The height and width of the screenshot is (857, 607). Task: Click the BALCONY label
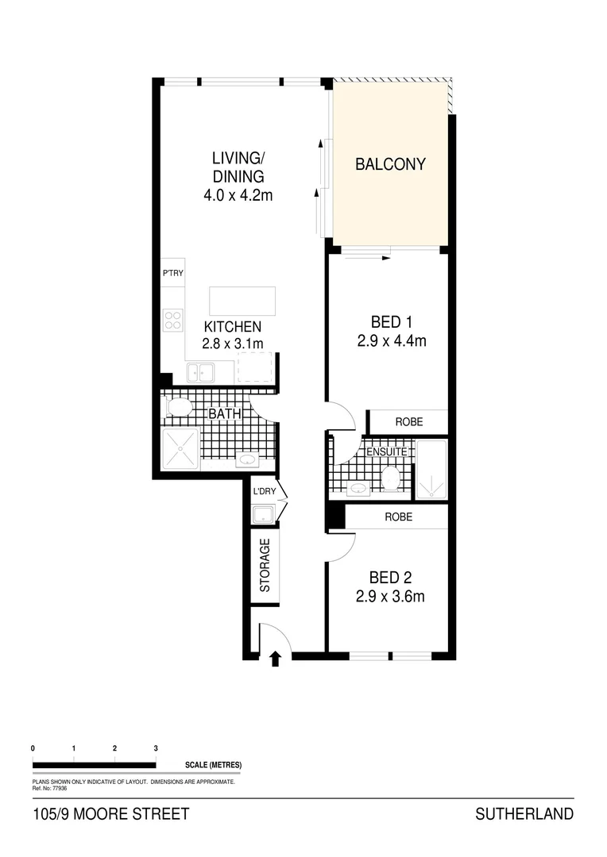(390, 165)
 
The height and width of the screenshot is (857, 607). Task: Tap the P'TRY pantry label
(173, 273)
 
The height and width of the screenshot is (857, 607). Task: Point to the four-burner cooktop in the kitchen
(173, 319)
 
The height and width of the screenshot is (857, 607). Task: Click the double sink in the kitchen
(200, 371)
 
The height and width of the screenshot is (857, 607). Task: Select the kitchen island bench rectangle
(242, 301)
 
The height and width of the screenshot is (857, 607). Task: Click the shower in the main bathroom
(180, 448)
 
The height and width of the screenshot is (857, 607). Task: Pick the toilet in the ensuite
(390, 478)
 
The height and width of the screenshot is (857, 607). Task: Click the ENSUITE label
(386, 452)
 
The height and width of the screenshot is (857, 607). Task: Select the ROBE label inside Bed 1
(408, 422)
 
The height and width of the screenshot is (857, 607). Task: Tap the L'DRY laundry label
(264, 491)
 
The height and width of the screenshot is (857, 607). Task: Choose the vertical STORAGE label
(265, 565)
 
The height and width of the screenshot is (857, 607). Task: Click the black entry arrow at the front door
(276, 658)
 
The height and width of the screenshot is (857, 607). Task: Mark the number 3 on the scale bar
(156, 748)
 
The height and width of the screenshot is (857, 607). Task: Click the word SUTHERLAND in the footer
(524, 814)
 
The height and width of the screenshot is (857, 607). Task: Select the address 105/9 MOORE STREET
(111, 814)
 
